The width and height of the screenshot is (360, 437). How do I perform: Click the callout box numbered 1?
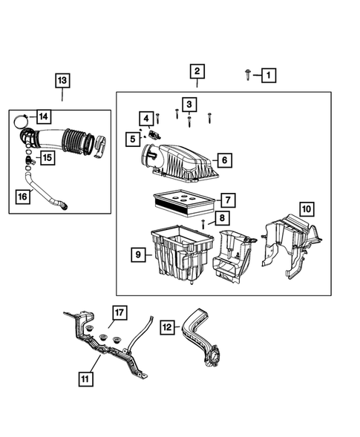(x=268, y=74)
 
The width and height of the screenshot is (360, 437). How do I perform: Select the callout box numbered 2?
(x=197, y=72)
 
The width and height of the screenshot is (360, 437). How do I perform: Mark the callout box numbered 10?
(x=307, y=208)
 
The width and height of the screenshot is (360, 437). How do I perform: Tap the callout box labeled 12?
(x=168, y=326)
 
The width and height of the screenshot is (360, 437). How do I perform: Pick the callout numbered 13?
(x=62, y=79)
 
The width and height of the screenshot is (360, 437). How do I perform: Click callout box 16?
(x=23, y=195)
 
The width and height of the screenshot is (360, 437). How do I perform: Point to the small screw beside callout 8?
(x=201, y=223)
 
